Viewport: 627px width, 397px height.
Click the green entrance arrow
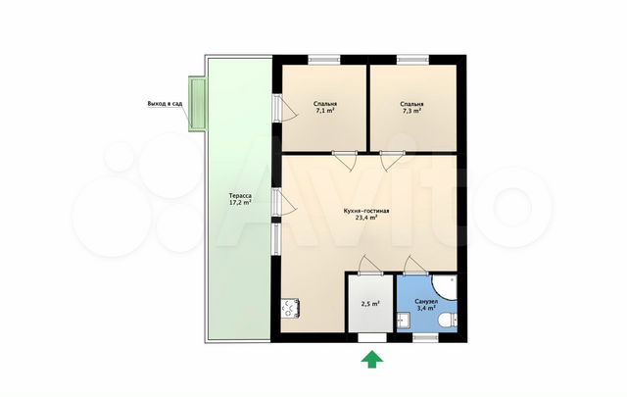pyautogui.click(x=372, y=359)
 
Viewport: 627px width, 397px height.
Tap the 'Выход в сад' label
pyautogui.click(x=165, y=104)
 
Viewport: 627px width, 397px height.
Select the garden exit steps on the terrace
pyautogui.click(x=197, y=104)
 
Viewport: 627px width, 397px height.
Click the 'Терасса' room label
pyautogui.click(x=240, y=196)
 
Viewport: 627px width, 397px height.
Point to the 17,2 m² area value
pyautogui.click(x=240, y=203)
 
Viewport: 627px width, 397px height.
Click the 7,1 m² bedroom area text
pyautogui.click(x=324, y=111)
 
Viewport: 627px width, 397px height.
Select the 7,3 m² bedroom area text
pyautogui.click(x=411, y=111)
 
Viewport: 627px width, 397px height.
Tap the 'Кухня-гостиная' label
pyautogui.click(x=366, y=211)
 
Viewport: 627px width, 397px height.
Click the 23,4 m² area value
pyautogui.click(x=366, y=218)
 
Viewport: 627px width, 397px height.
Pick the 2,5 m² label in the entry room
pyautogui.click(x=370, y=304)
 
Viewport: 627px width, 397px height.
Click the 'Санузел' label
pyautogui.click(x=426, y=301)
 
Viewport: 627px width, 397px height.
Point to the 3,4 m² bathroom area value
pyautogui.click(x=426, y=308)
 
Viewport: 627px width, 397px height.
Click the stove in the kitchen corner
pyautogui.click(x=290, y=309)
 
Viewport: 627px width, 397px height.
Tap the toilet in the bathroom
pyautogui.click(x=448, y=321)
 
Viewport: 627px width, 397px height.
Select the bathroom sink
pyautogui.click(x=403, y=321)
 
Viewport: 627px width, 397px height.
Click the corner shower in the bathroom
pyautogui.click(x=446, y=287)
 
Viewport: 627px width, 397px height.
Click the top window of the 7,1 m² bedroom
pyautogui.click(x=324, y=60)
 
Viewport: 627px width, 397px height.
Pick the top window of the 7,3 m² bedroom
pyautogui.click(x=412, y=60)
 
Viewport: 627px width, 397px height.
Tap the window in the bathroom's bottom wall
pyautogui.click(x=425, y=338)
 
